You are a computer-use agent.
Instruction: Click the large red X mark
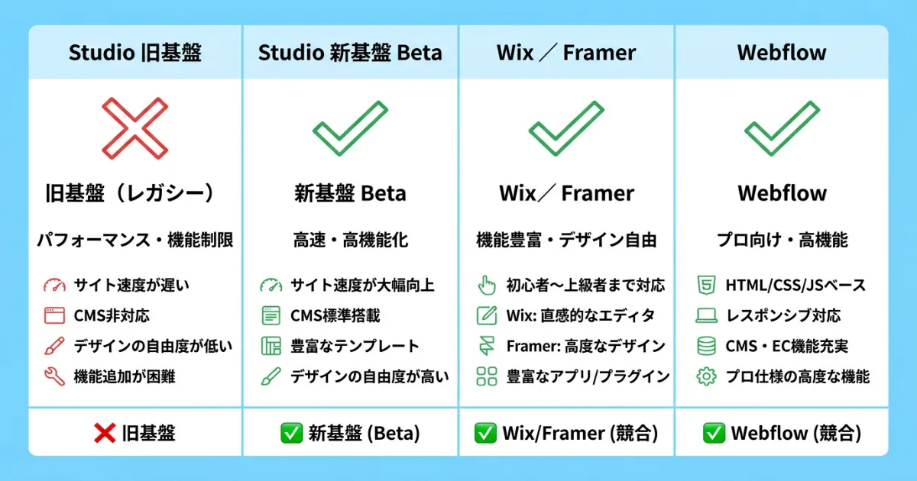135,128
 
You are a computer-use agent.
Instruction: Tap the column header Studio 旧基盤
135,53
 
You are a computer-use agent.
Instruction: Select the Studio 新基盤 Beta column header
350,53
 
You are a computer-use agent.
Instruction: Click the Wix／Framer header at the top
566,53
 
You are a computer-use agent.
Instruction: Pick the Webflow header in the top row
782,53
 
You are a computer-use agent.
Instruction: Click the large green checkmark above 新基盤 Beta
350,128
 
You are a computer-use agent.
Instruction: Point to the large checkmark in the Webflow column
782,128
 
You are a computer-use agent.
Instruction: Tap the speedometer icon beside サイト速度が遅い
54,286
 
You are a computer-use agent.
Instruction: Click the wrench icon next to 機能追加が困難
54,376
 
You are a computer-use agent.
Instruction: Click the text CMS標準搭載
335,315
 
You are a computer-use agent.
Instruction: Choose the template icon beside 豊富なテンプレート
271,346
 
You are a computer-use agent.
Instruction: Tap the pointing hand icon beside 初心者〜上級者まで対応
487,286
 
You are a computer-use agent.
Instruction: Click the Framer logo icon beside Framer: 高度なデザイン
487,346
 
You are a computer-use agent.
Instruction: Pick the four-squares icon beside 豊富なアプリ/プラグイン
487,376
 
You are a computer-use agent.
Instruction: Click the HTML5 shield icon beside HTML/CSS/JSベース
705,286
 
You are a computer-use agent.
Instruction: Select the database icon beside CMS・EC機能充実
705,346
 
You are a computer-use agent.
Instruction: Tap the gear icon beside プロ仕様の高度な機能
705,376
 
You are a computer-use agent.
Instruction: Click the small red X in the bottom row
104,434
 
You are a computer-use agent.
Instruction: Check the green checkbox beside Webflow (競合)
714,434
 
